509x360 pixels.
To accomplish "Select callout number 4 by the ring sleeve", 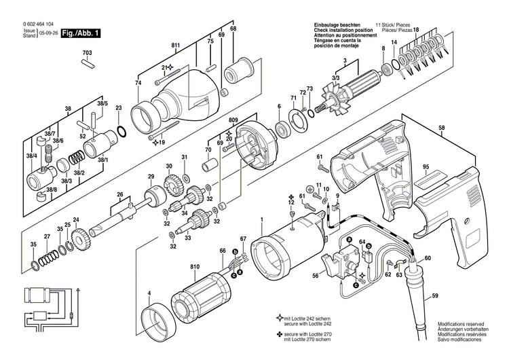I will point(149,294).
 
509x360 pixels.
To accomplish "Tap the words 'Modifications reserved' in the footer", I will point(463,325).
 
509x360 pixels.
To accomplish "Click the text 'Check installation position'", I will point(343,31).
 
